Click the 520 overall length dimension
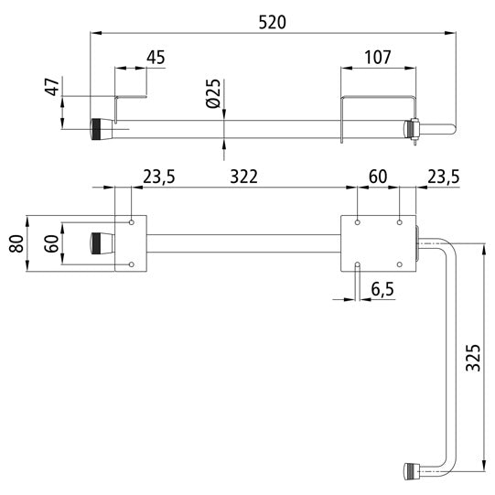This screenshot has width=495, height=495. [x=272, y=22]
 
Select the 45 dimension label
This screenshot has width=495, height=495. [x=156, y=58]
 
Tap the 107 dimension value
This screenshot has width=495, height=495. [x=378, y=58]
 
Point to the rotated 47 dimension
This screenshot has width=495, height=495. [x=52, y=87]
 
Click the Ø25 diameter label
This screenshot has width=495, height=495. [x=213, y=93]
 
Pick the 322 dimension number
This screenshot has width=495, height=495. [x=243, y=177]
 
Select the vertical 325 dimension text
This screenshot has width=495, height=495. [x=473, y=358]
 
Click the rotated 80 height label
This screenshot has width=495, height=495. [x=16, y=243]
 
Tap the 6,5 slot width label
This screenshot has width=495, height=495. [x=382, y=289]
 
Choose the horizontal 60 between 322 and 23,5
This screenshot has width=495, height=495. [x=378, y=177]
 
